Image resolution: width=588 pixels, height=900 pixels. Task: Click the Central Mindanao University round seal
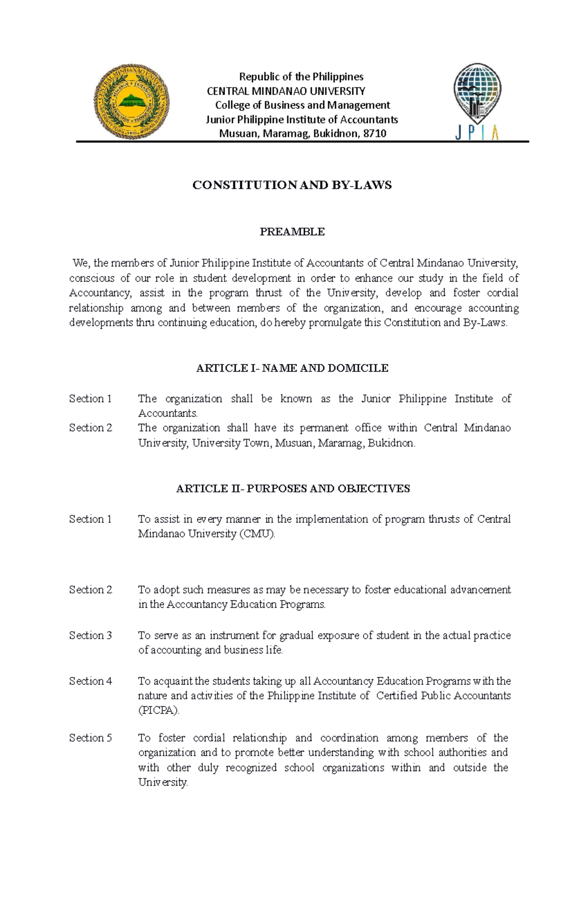[131, 102]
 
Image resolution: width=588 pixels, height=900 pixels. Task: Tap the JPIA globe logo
[477, 93]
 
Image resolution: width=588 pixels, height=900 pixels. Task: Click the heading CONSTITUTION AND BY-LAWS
[292, 185]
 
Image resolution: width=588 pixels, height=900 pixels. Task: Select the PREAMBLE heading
[292, 231]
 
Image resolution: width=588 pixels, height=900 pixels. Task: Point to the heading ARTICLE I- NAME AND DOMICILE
[292, 368]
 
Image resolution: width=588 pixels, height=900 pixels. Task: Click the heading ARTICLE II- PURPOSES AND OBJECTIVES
[293, 489]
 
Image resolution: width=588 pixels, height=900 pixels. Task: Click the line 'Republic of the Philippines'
[301, 77]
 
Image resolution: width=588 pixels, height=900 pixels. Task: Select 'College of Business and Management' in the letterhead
[302, 105]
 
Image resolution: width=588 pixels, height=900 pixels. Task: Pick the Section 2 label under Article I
[91, 428]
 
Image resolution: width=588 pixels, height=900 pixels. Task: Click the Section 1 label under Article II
[91, 519]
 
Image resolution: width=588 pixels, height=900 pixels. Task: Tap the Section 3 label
[91, 635]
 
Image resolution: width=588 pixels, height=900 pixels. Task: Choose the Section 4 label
[91, 681]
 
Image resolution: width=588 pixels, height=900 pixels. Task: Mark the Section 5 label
[91, 738]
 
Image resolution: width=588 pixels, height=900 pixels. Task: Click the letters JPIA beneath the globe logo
[477, 132]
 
